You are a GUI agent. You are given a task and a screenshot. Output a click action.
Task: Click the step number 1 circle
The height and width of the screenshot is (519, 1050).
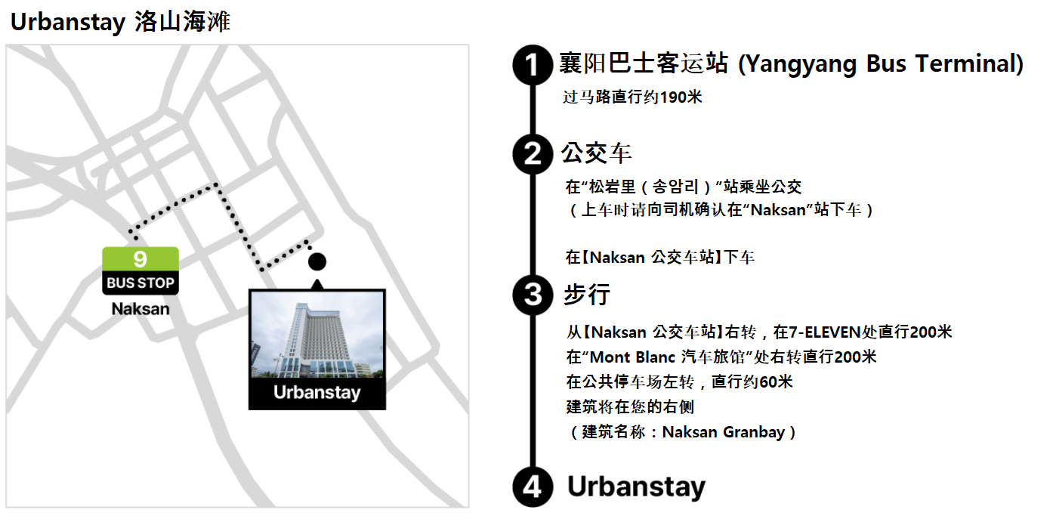pos(533,65)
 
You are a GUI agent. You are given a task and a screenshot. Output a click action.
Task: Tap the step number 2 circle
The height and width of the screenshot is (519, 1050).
pos(533,154)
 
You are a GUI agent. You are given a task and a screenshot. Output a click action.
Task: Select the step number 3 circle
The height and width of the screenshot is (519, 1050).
pos(533,294)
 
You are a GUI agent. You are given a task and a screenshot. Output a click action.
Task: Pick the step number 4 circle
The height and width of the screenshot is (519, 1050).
pos(533,487)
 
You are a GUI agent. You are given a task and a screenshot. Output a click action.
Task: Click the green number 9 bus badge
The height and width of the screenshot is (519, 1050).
pos(141,259)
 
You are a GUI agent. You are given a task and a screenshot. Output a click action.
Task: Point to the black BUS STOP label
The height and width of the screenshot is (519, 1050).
pos(141,283)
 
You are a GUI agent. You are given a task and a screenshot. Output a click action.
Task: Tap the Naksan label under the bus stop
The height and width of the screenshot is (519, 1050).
pos(141,309)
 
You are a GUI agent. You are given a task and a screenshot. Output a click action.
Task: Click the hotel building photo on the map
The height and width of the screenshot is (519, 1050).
pos(317,335)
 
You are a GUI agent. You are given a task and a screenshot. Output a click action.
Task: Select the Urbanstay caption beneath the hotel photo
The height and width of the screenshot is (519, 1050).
pos(317,393)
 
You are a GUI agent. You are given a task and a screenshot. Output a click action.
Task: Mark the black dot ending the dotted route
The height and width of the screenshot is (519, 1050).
pos(317,261)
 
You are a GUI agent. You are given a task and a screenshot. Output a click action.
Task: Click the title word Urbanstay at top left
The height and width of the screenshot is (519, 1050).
pos(67,23)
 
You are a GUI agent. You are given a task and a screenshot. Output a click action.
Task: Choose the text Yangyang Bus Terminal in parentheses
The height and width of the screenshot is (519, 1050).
pos(880,64)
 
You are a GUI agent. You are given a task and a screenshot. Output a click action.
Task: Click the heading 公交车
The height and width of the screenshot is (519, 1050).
pos(596,154)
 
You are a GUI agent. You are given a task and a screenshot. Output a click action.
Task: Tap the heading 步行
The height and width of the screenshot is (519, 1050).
pos(586,294)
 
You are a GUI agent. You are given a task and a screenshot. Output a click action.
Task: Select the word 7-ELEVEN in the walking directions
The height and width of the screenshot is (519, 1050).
pos(825,332)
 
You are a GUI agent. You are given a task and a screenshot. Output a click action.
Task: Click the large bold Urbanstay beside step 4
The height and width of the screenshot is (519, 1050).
pos(636,487)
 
